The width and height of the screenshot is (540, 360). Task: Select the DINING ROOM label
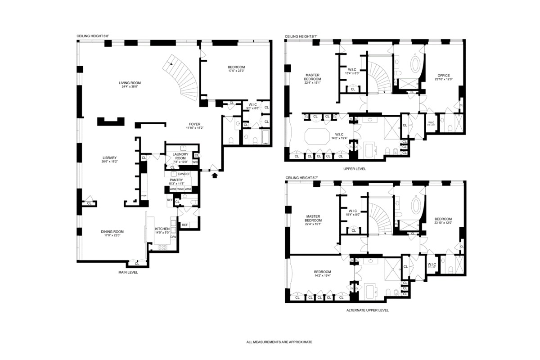tap(112, 232)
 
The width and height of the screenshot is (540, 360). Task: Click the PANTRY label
tap(176, 180)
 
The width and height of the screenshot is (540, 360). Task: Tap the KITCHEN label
tap(162, 229)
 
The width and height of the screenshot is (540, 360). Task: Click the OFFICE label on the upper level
tap(443, 76)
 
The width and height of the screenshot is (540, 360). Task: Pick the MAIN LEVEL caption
tap(128, 272)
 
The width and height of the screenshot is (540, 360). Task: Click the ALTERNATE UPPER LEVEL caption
tap(367, 310)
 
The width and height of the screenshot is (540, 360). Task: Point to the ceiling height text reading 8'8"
tap(93, 36)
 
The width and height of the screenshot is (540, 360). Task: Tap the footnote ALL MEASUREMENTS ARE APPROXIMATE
tap(279, 342)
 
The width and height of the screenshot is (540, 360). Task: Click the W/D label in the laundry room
tap(195, 162)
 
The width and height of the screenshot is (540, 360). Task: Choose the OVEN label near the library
tap(144, 196)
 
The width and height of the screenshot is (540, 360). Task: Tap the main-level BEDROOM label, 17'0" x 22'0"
tap(236, 67)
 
